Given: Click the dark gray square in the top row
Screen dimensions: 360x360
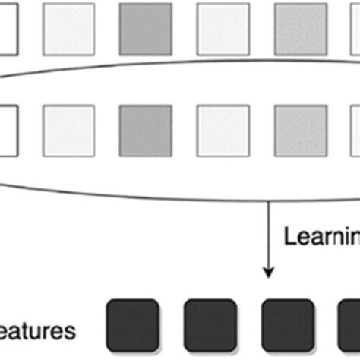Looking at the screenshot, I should (x=145, y=29).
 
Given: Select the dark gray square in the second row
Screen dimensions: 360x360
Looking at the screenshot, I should (x=145, y=130).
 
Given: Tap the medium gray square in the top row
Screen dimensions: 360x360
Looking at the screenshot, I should (x=300, y=29).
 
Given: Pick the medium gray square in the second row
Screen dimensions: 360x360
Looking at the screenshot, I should (x=300, y=130).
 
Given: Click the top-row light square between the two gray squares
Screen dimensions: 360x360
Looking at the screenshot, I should (x=223, y=29).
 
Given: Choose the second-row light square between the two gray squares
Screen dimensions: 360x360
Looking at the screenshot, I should (x=223, y=130).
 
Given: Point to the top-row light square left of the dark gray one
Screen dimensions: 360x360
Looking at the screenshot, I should (x=68, y=29).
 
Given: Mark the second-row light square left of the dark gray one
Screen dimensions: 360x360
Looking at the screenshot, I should (x=68, y=130).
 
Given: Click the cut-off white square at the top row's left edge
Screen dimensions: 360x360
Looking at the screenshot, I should (x=8, y=29).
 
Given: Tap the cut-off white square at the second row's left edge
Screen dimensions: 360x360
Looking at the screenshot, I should (x=8, y=130).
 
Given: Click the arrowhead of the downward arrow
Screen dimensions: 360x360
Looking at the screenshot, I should (x=267, y=269).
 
